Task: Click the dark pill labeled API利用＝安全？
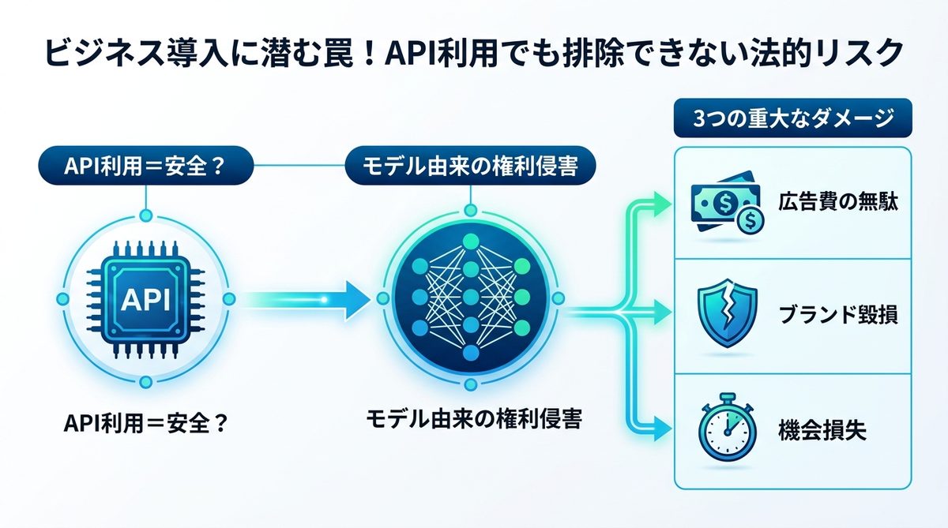coord(145,168)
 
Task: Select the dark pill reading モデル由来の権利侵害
coord(471,168)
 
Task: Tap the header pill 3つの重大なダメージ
coord(792,121)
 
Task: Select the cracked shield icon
coord(727,314)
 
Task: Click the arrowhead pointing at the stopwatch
coord(665,431)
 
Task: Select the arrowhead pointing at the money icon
coord(665,204)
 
